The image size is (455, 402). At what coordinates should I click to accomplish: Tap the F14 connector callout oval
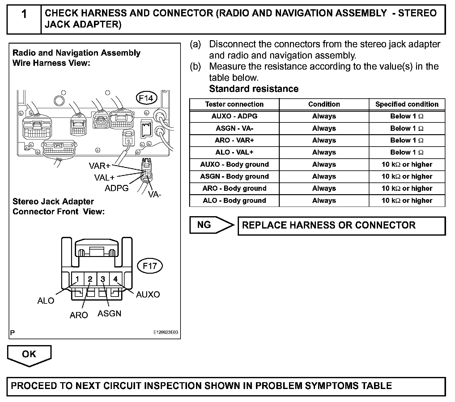pyautogui.click(x=146, y=98)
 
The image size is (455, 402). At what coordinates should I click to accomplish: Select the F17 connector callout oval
pyautogui.click(x=150, y=266)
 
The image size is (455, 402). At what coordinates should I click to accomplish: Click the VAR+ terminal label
pyautogui.click(x=100, y=166)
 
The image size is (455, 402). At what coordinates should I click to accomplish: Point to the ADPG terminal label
pyautogui.click(x=117, y=188)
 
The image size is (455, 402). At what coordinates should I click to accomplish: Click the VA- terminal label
pyautogui.click(x=155, y=194)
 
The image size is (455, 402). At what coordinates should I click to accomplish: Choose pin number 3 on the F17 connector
pyautogui.click(x=103, y=279)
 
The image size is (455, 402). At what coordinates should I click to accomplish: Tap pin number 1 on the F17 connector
pyautogui.click(x=77, y=279)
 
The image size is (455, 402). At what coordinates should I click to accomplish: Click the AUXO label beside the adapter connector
pyautogui.click(x=148, y=294)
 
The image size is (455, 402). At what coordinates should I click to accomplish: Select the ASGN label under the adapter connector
pyautogui.click(x=109, y=314)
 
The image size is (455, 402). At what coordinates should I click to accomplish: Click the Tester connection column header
pyautogui.click(x=234, y=104)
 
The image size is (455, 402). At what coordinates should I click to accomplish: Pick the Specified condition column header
pyautogui.click(x=407, y=104)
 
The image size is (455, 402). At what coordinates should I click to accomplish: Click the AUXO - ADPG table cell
pyautogui.click(x=234, y=116)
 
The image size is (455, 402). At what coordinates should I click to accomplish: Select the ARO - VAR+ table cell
pyautogui.click(x=234, y=140)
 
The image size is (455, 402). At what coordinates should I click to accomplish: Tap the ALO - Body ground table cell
pyautogui.click(x=234, y=200)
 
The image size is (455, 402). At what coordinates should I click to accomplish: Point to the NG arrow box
pyautogui.click(x=211, y=225)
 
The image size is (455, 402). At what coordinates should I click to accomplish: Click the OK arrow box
pyautogui.click(x=29, y=354)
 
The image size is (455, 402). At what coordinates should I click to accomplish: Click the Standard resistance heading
pyautogui.click(x=254, y=89)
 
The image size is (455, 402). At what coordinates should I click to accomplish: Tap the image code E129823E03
pyautogui.click(x=166, y=333)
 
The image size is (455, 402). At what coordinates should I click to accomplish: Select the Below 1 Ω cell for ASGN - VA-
pyautogui.click(x=407, y=128)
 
